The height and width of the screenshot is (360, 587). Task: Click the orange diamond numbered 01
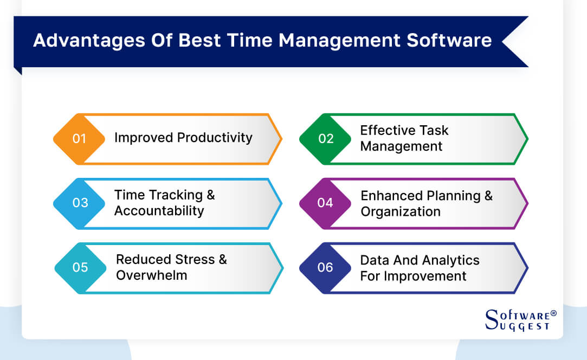[x=79, y=139]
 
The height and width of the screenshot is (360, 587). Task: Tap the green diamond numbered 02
[x=326, y=139]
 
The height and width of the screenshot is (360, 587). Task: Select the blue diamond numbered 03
[x=80, y=203]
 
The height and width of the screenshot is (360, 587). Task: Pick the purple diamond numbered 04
[x=325, y=203]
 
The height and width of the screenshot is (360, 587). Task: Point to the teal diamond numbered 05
[x=80, y=267]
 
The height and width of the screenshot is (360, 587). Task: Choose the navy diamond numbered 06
[x=325, y=267]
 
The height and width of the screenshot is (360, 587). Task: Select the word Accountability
[x=159, y=211]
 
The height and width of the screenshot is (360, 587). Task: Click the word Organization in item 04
[x=401, y=211]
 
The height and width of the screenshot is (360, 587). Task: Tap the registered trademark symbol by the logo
[x=553, y=313]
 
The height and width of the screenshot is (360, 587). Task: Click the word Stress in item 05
[x=192, y=260]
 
